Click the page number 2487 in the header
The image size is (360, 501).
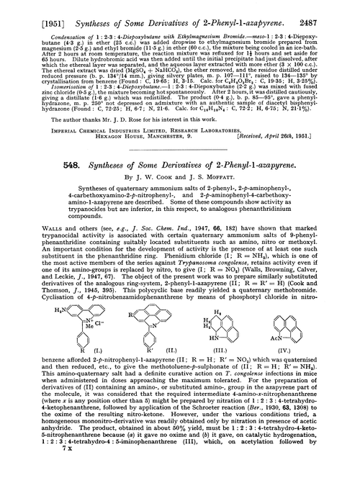[x=335, y=9]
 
